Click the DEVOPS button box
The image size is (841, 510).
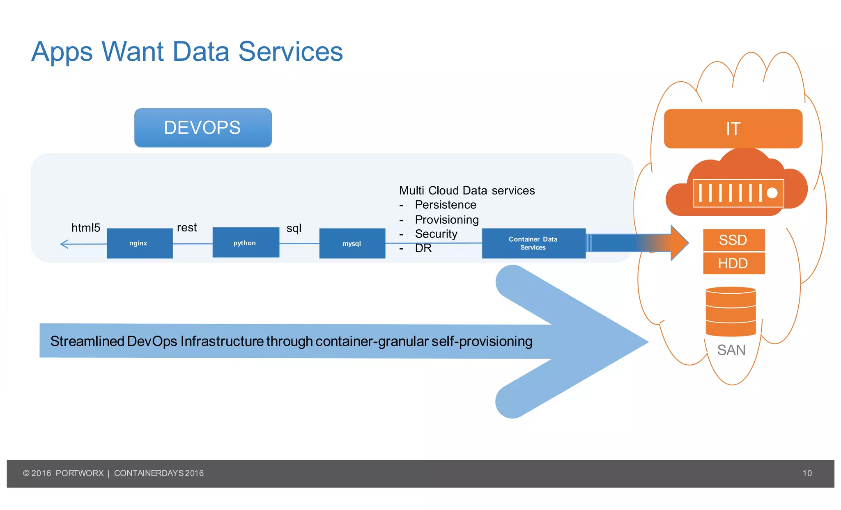203,128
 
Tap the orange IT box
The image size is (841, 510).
733,129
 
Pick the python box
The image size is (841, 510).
246,243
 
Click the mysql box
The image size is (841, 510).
352,243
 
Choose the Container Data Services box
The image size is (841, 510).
533,243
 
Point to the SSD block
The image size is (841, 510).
733,240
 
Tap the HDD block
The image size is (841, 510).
733,263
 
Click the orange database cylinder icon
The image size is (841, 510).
731,312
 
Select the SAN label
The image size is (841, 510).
731,350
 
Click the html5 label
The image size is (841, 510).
86,228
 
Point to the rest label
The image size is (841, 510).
187,228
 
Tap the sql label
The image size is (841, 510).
294,228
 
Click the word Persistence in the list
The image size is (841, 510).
446,205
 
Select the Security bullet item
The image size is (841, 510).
436,234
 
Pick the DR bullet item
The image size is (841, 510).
423,248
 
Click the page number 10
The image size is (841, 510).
807,473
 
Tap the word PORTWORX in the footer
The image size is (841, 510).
80,473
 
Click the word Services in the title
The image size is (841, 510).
290,52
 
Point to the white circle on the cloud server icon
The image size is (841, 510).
772,193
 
